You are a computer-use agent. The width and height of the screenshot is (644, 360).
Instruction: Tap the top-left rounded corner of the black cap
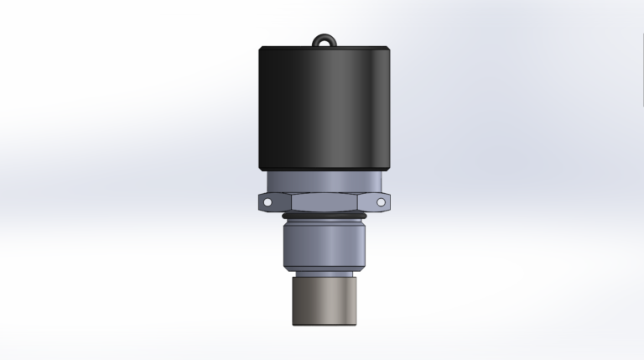[262, 48]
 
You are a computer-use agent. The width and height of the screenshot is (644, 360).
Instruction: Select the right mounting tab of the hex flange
[382, 202]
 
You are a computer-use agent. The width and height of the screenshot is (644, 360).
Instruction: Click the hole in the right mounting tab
[383, 202]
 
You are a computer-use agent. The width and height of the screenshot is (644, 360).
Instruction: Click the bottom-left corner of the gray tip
[293, 324]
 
